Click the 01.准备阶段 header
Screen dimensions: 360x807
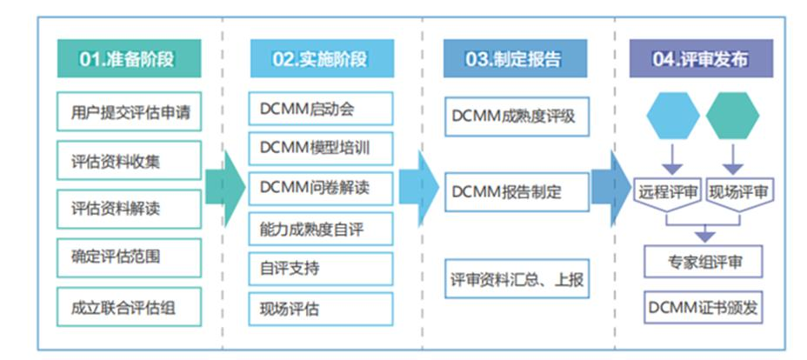[x=128, y=59]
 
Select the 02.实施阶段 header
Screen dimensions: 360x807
[x=321, y=59]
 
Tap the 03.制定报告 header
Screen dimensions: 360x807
[x=514, y=59]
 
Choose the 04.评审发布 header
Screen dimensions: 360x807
[x=701, y=59]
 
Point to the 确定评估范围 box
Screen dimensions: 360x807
[x=130, y=257]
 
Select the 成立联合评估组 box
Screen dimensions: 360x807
[x=130, y=306]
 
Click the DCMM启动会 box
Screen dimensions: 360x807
[x=321, y=109]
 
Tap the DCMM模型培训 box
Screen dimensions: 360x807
[x=321, y=148]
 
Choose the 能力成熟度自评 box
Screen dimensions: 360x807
[x=321, y=228]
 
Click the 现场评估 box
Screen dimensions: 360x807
[x=321, y=308]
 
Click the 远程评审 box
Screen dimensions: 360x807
[x=668, y=193]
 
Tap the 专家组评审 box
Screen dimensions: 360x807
[x=704, y=260]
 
